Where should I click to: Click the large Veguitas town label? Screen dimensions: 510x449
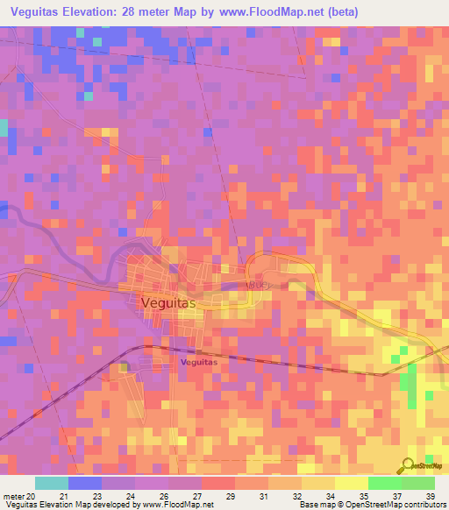[169, 302]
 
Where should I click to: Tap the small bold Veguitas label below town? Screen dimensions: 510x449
[198, 360]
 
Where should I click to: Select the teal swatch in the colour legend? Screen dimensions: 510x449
[51, 483]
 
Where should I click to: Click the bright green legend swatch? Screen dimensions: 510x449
[384, 483]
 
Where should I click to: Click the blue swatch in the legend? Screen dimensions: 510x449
[84, 483]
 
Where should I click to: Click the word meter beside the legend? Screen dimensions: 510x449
[12, 496]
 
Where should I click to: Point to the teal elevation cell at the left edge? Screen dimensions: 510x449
[3, 128]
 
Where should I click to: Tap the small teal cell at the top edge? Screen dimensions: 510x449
[79, 32]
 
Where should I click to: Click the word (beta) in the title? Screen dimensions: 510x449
[339, 11]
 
